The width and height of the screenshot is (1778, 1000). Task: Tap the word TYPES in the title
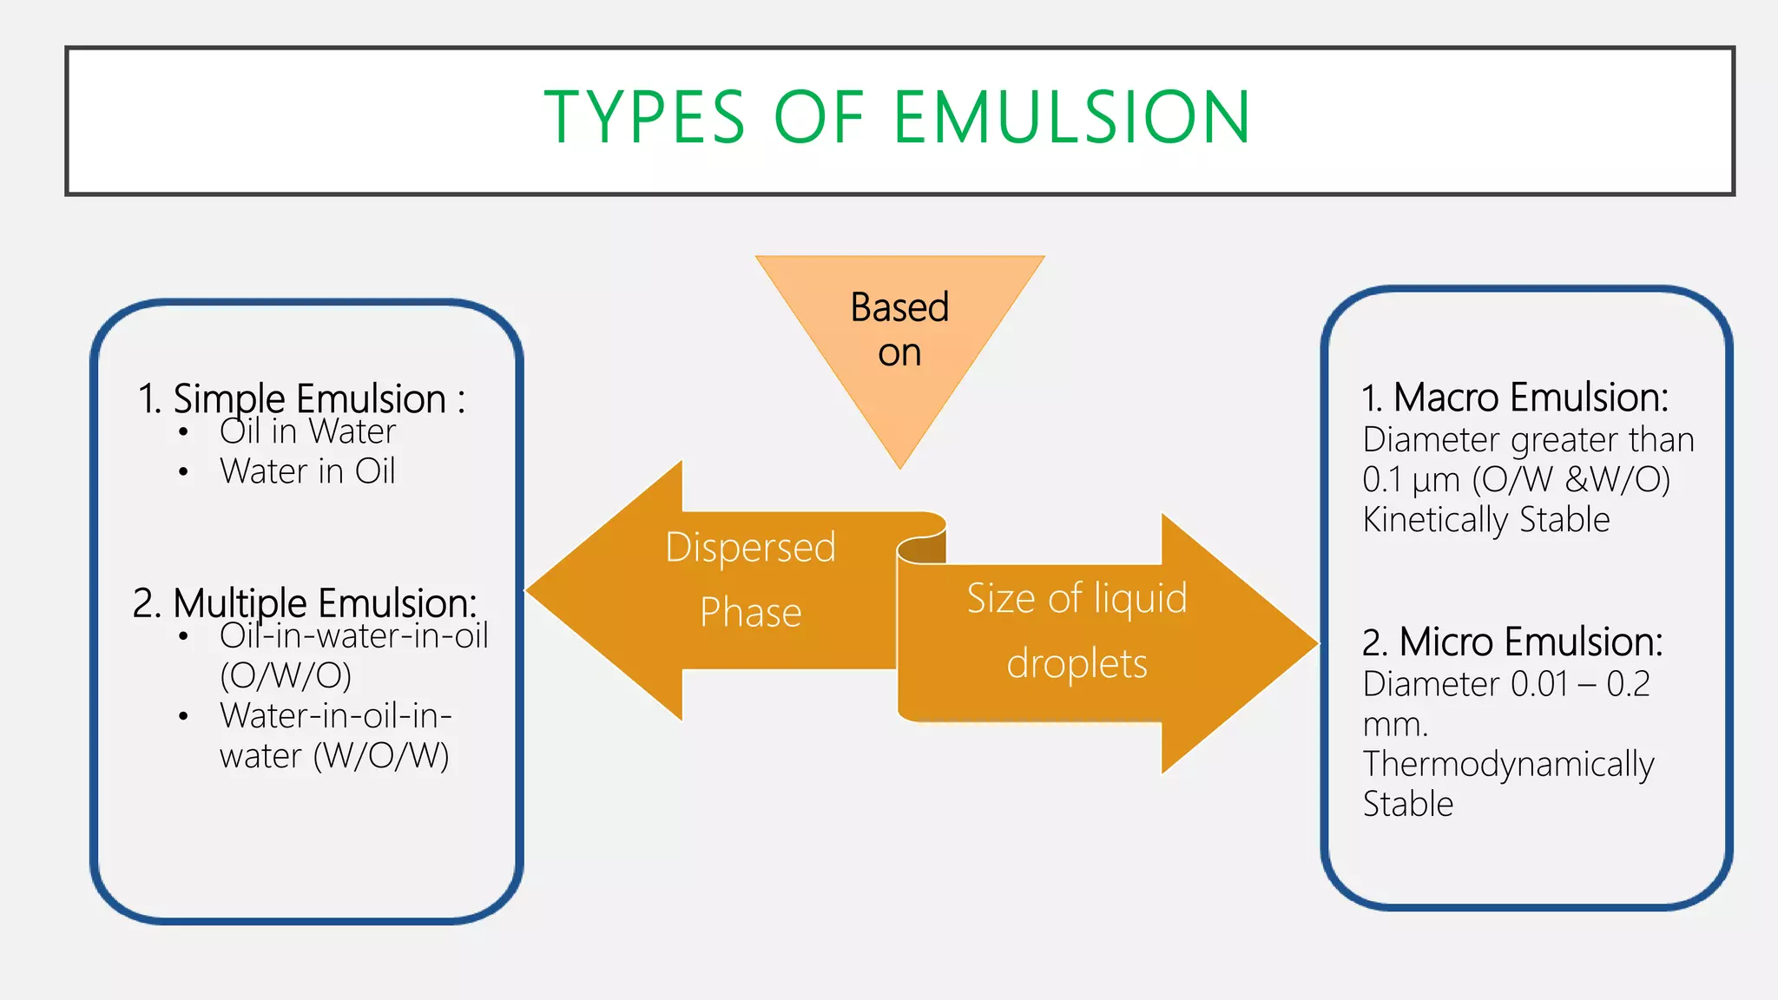pos(644,117)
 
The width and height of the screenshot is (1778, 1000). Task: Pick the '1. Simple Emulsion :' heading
pos(301,398)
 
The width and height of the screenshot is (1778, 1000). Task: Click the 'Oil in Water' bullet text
pos(307,431)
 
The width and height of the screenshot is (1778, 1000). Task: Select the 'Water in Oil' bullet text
pos(307,471)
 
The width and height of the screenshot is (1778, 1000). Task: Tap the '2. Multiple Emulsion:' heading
pos(305,602)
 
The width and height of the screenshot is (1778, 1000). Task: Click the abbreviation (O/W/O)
pos(286,675)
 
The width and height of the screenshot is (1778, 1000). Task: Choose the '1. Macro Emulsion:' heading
pos(1515,398)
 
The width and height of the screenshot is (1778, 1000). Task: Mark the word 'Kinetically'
pos(1435,520)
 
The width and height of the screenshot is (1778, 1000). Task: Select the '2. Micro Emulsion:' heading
pos(1512,642)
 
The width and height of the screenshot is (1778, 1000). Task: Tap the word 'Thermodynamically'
pos(1508,765)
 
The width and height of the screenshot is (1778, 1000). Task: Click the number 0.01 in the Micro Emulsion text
pos(1539,684)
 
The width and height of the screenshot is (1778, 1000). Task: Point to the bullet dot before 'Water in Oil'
pos(183,472)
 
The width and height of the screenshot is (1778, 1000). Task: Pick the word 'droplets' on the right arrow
pos(1077,664)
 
